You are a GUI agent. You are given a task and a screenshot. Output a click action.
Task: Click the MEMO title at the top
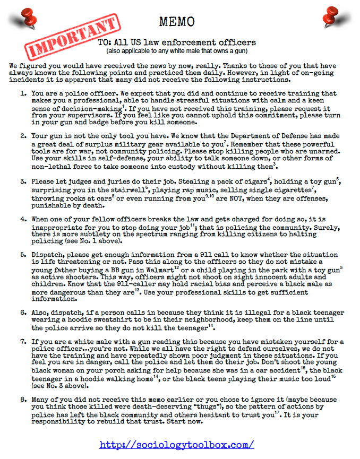pyautogui.click(x=177, y=21)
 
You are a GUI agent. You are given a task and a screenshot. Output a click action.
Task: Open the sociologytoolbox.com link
pyautogui.click(x=177, y=444)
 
